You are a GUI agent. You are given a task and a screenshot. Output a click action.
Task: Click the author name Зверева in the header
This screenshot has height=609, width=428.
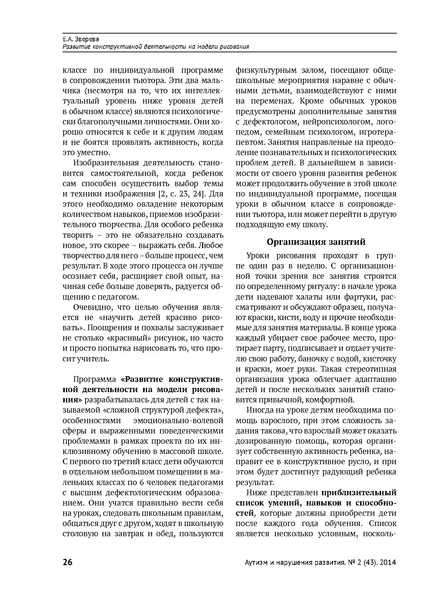point(86,39)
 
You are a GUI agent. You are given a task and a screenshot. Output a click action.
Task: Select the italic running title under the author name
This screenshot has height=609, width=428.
point(156,46)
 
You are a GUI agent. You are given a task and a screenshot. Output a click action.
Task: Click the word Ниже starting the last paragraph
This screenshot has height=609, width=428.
point(257,493)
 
